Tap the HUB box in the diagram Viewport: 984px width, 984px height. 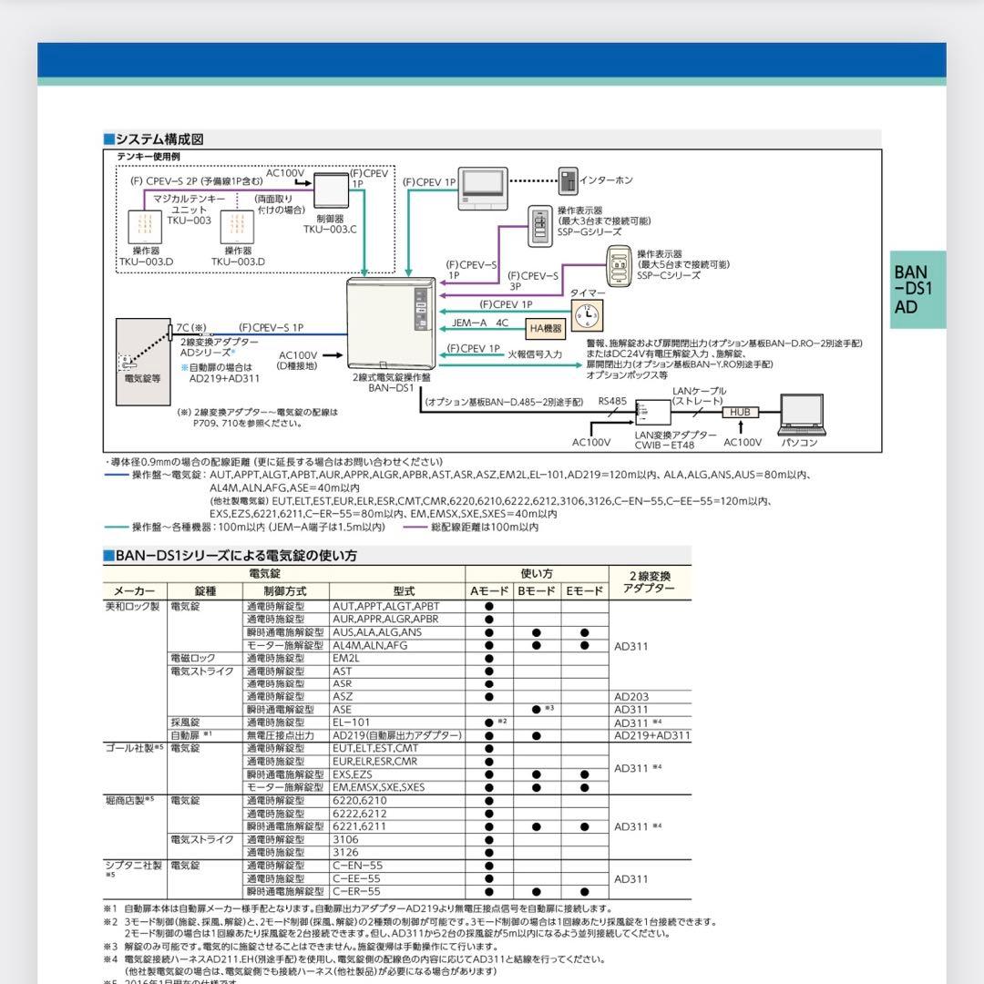coord(740,412)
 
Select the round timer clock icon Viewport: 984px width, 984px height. coord(587,314)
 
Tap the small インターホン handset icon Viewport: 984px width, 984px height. coord(568,180)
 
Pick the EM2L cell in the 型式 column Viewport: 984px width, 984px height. coord(346,658)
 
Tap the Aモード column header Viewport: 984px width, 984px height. coord(488,591)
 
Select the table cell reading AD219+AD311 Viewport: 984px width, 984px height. coord(651,735)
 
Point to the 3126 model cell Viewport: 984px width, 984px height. coord(345,853)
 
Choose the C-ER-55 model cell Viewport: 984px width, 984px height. coord(356,892)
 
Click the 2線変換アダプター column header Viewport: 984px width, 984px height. coord(650,582)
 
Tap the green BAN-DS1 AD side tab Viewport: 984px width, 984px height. coord(917,290)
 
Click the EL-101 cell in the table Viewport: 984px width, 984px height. coord(352,723)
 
